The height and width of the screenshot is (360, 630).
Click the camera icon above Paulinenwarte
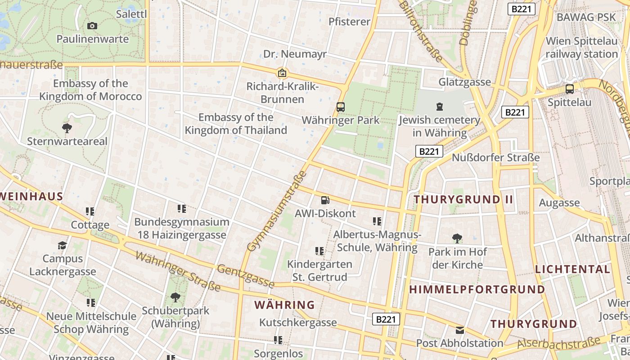click(x=92, y=26)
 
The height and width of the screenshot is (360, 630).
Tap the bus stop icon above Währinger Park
click(x=341, y=107)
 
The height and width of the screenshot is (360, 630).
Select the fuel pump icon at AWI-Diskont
click(x=325, y=200)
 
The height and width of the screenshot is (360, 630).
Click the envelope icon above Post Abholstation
click(x=459, y=330)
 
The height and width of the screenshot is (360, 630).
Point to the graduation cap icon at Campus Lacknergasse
click(x=63, y=245)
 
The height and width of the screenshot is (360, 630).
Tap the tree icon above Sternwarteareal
click(x=67, y=128)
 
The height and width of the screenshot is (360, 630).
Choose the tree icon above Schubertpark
click(x=175, y=297)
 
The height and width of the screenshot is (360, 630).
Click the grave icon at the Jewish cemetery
click(x=439, y=107)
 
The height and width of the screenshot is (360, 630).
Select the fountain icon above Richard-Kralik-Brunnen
click(x=282, y=72)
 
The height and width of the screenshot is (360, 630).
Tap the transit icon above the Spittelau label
click(x=569, y=89)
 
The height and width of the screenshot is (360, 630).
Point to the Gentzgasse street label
click(x=245, y=276)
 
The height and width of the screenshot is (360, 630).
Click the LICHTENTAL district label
click(x=572, y=269)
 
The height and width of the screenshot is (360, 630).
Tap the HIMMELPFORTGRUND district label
click(x=477, y=289)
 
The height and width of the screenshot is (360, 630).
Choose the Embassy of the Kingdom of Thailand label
click(x=236, y=124)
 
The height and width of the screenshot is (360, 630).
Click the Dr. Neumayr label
click(x=295, y=54)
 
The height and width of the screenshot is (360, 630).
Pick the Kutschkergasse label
click(x=298, y=322)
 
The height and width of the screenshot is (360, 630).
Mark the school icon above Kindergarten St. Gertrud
click(x=319, y=251)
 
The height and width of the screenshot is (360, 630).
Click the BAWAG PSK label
click(x=586, y=17)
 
